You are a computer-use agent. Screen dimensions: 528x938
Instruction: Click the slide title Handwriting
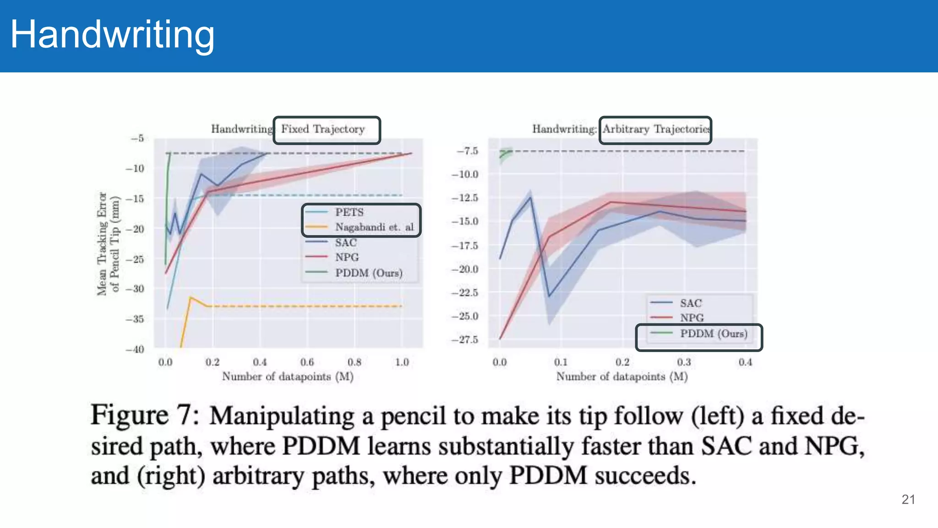pos(112,35)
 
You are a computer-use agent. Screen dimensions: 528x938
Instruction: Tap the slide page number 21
pos(908,500)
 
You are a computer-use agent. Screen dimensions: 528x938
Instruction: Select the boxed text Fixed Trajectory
pos(323,129)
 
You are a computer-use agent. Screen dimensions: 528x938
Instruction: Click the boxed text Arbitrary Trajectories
pos(655,129)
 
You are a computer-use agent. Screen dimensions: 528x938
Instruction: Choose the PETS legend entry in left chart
pos(349,212)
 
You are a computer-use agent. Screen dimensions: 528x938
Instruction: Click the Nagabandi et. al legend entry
pos(374,227)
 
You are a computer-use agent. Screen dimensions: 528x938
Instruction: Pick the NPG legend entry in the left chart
pos(347,258)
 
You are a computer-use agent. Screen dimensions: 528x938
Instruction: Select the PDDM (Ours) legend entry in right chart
pos(713,334)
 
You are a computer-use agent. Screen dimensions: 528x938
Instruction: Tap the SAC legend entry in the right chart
pos(690,303)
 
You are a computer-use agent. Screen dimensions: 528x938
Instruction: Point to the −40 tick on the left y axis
pos(135,349)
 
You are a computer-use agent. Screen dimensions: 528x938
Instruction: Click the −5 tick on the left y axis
pos(137,138)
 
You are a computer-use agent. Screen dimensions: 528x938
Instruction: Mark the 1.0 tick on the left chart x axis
pos(402,363)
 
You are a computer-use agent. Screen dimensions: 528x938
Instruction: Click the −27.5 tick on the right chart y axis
pos(465,340)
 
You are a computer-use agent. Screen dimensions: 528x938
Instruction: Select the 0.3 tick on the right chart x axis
pos(684,363)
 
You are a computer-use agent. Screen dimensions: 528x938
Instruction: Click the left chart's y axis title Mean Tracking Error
pos(102,244)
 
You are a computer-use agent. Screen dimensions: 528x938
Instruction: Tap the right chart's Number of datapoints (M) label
pos(622,377)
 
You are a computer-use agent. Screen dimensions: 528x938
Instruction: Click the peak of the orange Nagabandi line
pos(191,297)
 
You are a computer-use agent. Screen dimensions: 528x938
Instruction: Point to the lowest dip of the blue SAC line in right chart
pos(549,296)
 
